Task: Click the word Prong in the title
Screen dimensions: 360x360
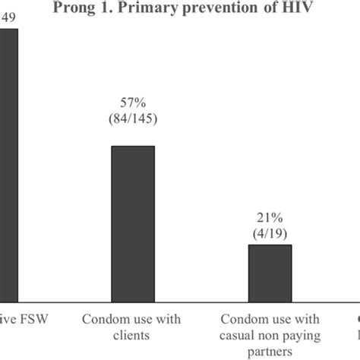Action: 74,10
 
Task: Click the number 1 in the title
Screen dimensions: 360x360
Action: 103,10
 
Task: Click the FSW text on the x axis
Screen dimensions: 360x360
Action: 32,320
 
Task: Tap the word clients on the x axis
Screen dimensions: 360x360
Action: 134,334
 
